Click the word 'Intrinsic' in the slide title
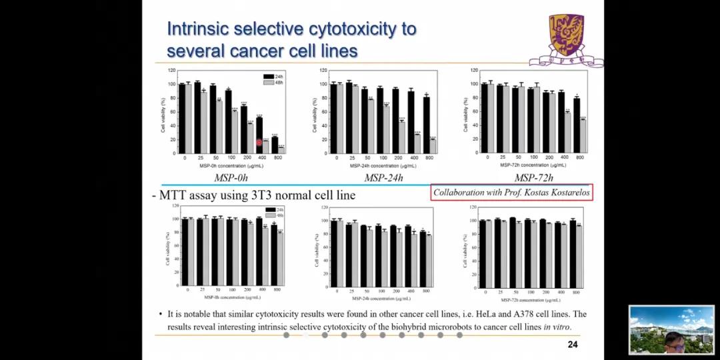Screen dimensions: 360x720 pyautogui.click(x=199, y=29)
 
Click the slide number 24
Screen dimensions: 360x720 pyautogui.click(x=572, y=345)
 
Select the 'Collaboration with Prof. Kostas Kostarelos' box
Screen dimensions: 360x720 pyautogui.click(x=511, y=193)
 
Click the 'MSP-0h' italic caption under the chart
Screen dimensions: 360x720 pyautogui.click(x=231, y=178)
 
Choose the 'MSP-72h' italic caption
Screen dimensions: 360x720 pyautogui.click(x=533, y=178)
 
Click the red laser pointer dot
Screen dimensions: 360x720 pyautogui.click(x=259, y=142)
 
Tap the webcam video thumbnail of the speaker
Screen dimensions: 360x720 pyautogui.click(x=671, y=329)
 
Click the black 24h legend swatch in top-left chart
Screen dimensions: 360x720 pyautogui.click(x=269, y=77)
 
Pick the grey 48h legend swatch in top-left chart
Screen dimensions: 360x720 pyautogui.click(x=269, y=83)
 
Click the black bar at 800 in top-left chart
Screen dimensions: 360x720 pyautogui.click(x=274, y=145)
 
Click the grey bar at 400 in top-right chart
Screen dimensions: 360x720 pyautogui.click(x=568, y=133)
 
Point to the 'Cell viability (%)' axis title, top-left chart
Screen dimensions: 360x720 pyautogui.click(x=163, y=115)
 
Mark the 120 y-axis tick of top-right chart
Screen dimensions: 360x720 pyautogui.click(x=474, y=70)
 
